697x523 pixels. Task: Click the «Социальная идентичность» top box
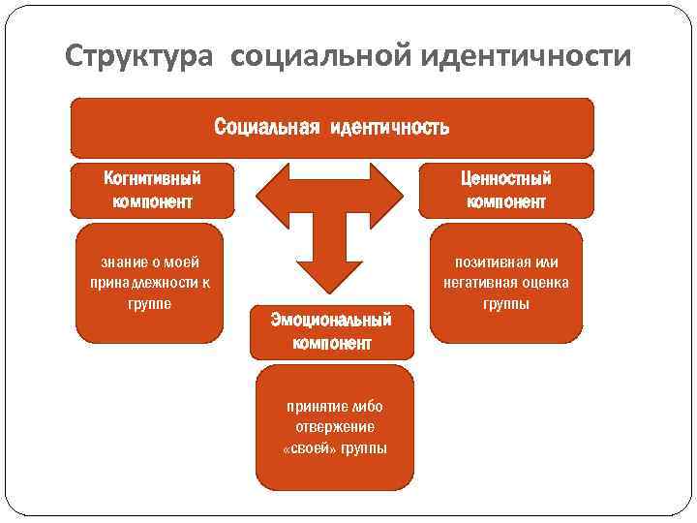point(331,128)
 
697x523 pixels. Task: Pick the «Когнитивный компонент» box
point(152,190)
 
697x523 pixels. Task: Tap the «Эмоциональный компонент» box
point(331,330)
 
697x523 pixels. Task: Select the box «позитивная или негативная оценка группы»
point(506,283)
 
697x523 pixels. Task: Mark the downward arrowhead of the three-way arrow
point(329,274)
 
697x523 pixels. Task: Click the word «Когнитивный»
point(152,179)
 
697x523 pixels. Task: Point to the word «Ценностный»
point(506,179)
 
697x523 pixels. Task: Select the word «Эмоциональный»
point(331,320)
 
